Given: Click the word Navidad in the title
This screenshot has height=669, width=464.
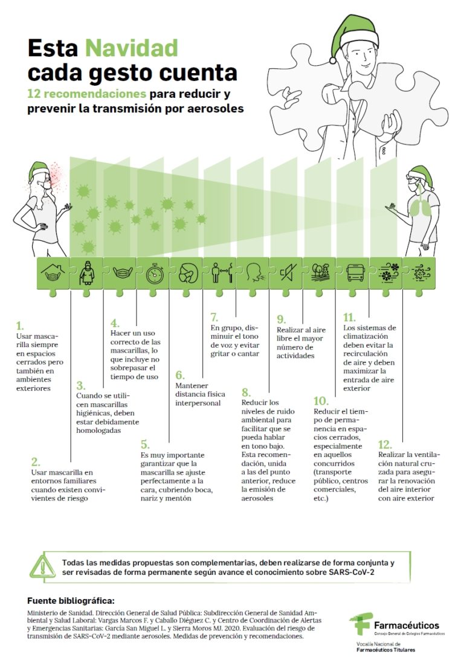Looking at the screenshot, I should pos(132,48).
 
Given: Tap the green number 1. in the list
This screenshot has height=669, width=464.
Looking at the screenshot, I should pos(20,325).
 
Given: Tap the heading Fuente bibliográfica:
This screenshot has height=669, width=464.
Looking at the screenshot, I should pos(70,601).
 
